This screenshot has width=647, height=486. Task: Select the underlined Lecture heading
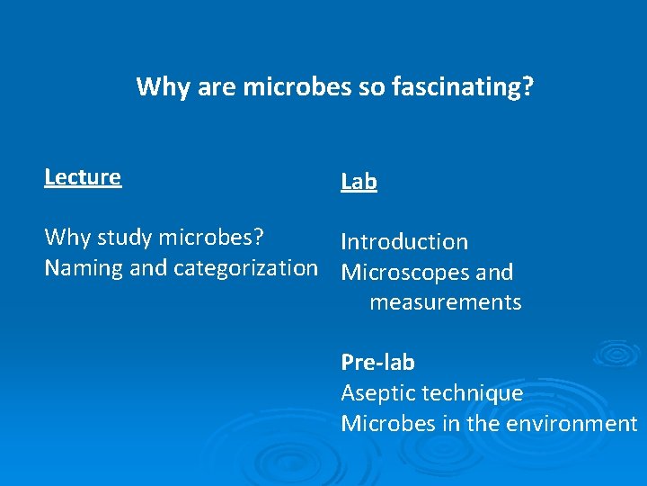click(83, 177)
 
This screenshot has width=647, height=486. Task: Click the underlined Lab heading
click(359, 182)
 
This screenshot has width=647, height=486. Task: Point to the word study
click(125, 238)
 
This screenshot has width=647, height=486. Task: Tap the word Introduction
click(404, 242)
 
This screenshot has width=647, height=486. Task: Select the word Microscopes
click(402, 273)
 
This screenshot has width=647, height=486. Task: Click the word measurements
click(445, 302)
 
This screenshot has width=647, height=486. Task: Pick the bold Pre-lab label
click(377, 363)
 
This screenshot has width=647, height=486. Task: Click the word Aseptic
click(377, 393)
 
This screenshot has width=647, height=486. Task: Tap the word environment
click(572, 423)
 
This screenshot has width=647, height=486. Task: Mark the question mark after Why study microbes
click(258, 238)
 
